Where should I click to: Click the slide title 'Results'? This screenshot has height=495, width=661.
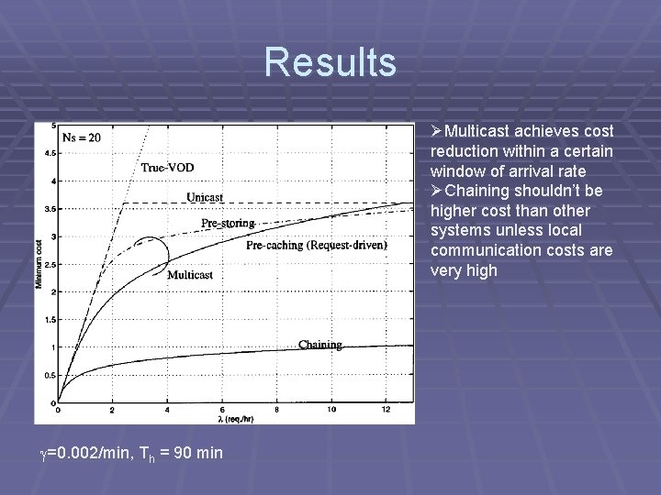tap(330, 62)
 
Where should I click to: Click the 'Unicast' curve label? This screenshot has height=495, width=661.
tap(204, 197)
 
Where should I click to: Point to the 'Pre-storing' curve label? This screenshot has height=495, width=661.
tap(227, 223)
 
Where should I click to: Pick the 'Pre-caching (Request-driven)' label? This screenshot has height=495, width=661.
tap(317, 246)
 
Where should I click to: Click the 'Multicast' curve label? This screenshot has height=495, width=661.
tap(190, 274)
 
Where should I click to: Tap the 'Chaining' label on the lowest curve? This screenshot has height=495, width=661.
tap(320, 345)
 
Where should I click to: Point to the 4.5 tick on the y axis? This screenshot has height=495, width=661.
tap(50, 153)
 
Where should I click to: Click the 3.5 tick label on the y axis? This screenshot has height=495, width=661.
tap(50, 209)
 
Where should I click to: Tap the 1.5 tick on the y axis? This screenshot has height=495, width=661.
tap(50, 320)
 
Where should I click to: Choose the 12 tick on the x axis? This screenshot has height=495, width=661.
tap(386, 409)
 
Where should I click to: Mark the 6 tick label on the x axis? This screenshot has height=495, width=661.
tap(221, 409)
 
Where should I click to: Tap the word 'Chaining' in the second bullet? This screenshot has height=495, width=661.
tap(485, 191)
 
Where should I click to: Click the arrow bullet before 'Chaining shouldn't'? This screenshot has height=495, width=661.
tap(437, 191)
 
